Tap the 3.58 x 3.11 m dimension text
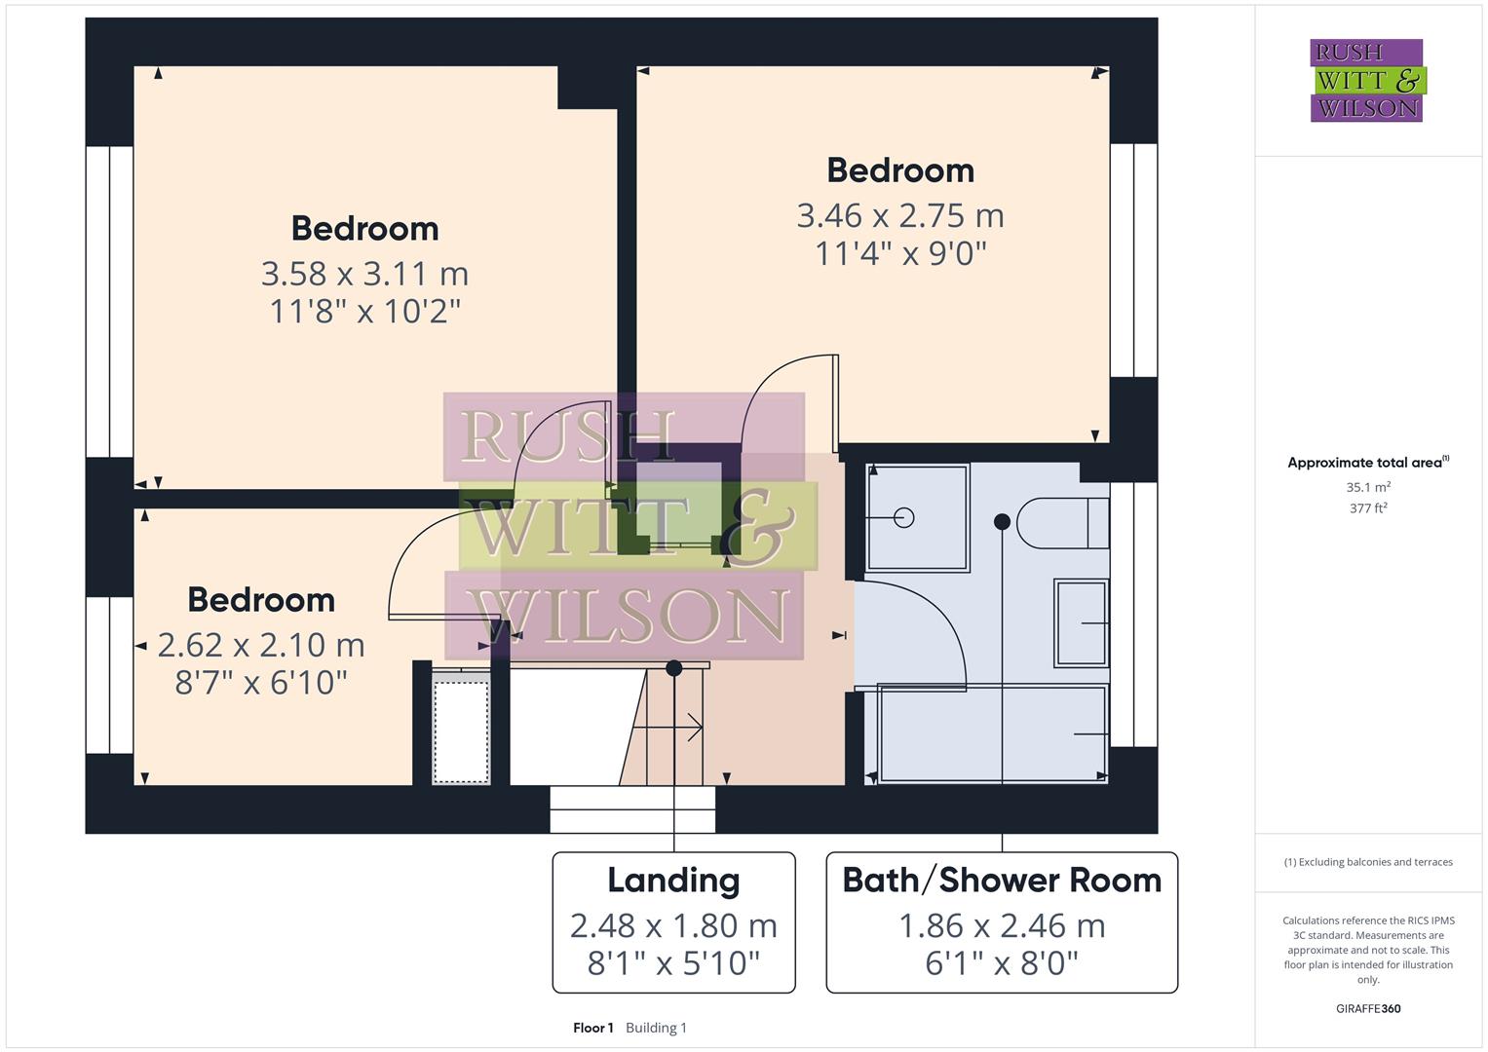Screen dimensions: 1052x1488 pyautogui.click(x=364, y=274)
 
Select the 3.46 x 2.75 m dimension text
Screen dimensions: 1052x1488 pyautogui.click(x=899, y=215)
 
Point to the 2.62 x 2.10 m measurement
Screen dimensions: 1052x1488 pyautogui.click(x=261, y=645)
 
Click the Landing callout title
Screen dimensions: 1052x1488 pyautogui.click(x=673, y=881)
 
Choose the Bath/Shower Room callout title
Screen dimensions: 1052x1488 pyautogui.click(x=1002, y=881)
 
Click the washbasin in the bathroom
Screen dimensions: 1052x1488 pyautogui.click(x=1082, y=622)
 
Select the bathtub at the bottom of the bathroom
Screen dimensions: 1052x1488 pyautogui.click(x=992, y=733)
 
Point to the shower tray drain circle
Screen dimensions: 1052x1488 pyautogui.click(x=903, y=517)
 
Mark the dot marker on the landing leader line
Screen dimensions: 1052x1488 pyautogui.click(x=673, y=668)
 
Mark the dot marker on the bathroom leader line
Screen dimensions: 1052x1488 pyautogui.click(x=1002, y=522)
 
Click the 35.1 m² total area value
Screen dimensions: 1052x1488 pyautogui.click(x=1368, y=487)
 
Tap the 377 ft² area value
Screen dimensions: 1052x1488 pyautogui.click(x=1368, y=508)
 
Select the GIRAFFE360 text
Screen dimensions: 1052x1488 pyautogui.click(x=1368, y=1009)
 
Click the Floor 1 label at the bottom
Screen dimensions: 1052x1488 pyautogui.click(x=593, y=1028)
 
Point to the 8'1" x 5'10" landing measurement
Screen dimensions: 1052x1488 pyautogui.click(x=673, y=963)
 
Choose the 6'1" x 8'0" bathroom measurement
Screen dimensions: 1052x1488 pyautogui.click(x=1002, y=963)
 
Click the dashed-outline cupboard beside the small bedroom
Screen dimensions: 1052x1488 pyautogui.click(x=461, y=731)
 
